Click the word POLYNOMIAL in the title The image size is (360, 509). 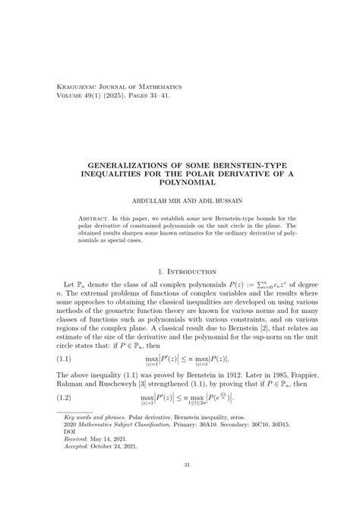[180, 183]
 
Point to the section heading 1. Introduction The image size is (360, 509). [180, 270]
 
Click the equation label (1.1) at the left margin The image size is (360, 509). [64, 359]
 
